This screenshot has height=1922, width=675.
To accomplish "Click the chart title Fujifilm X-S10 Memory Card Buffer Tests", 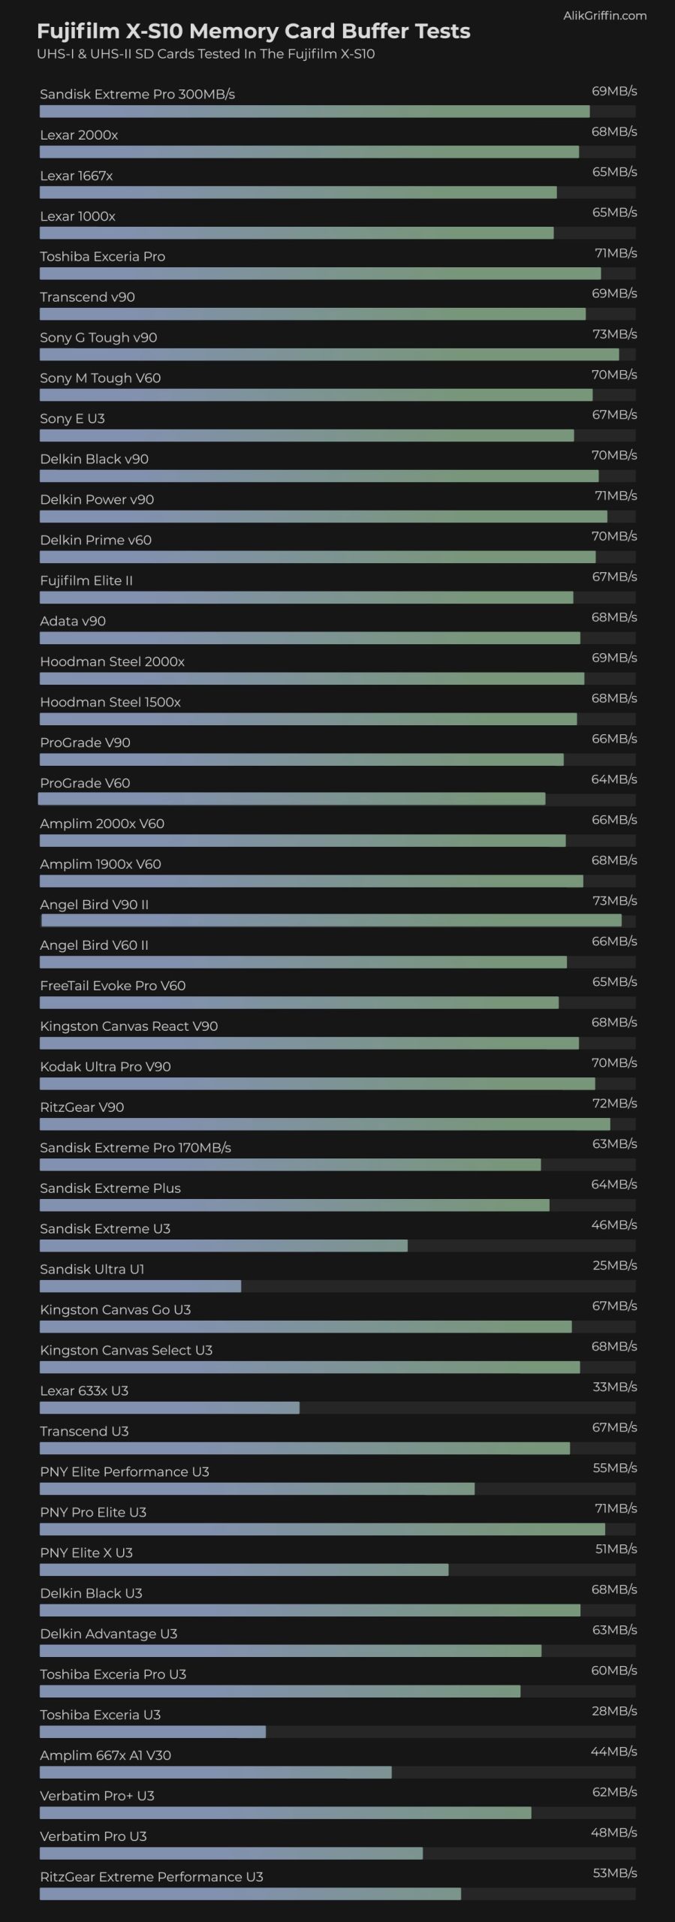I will point(253,32).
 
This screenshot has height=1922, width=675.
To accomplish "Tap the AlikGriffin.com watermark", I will point(604,15).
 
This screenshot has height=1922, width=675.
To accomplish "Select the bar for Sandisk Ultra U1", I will point(140,1286).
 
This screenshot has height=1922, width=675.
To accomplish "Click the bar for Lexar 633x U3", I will point(170,1408).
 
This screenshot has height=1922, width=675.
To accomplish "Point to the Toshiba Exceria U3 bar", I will point(152,1732).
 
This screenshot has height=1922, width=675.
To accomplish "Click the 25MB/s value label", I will point(614,1265).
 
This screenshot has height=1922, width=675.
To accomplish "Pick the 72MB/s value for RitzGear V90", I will point(614,1103).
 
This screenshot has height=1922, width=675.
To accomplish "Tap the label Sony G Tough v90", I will point(98,338).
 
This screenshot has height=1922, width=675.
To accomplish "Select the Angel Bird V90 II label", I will point(94,905).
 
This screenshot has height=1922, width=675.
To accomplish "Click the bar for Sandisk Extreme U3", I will point(223,1246).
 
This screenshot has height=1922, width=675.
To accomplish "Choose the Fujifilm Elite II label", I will point(86,580).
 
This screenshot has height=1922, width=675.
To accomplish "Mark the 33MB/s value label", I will point(614,1387).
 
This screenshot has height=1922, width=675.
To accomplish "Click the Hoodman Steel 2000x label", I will point(112,661).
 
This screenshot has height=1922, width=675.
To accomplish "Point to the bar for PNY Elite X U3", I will point(244,1570).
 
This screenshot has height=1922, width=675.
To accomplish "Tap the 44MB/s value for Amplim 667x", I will point(614,1752).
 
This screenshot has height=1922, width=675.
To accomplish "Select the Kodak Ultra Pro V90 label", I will point(105,1067).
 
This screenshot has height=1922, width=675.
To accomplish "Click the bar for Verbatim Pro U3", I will point(231,1854).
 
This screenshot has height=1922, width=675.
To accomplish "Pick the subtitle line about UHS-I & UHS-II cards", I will point(206,54).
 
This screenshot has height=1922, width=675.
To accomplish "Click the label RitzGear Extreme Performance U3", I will point(151,1877).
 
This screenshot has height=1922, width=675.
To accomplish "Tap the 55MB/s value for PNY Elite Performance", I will point(614,1468).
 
